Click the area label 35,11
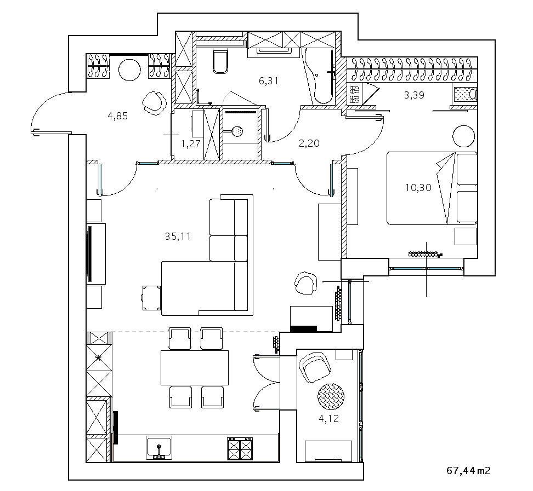pos(177,236)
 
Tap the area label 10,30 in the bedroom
pos(418,188)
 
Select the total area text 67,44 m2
pos(468,470)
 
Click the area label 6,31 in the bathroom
pos(269,80)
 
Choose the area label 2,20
pos(309,143)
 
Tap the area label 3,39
pos(415,95)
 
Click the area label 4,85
pos(118,115)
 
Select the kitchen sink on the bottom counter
pos(159,447)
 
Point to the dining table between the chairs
pos(194,367)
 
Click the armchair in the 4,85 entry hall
pos(153,101)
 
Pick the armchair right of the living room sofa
pos(305,282)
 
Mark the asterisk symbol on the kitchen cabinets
pos(99,358)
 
